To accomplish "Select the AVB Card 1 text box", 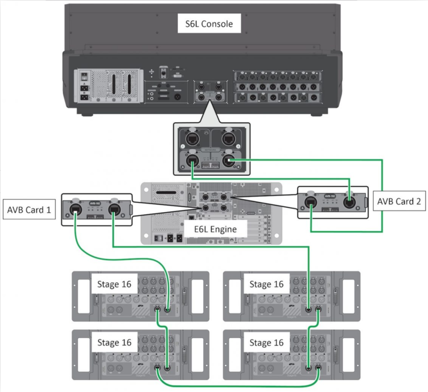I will [x=29, y=209].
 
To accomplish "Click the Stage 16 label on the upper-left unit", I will [x=114, y=284].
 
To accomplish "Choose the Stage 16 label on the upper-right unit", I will [x=266, y=284].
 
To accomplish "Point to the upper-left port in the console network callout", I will [x=192, y=139].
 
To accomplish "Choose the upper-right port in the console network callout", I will [x=229, y=139].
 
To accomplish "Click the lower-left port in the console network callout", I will [x=192, y=161].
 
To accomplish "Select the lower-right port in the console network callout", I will [x=229, y=161].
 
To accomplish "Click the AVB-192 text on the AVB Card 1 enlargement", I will [x=94, y=203].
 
